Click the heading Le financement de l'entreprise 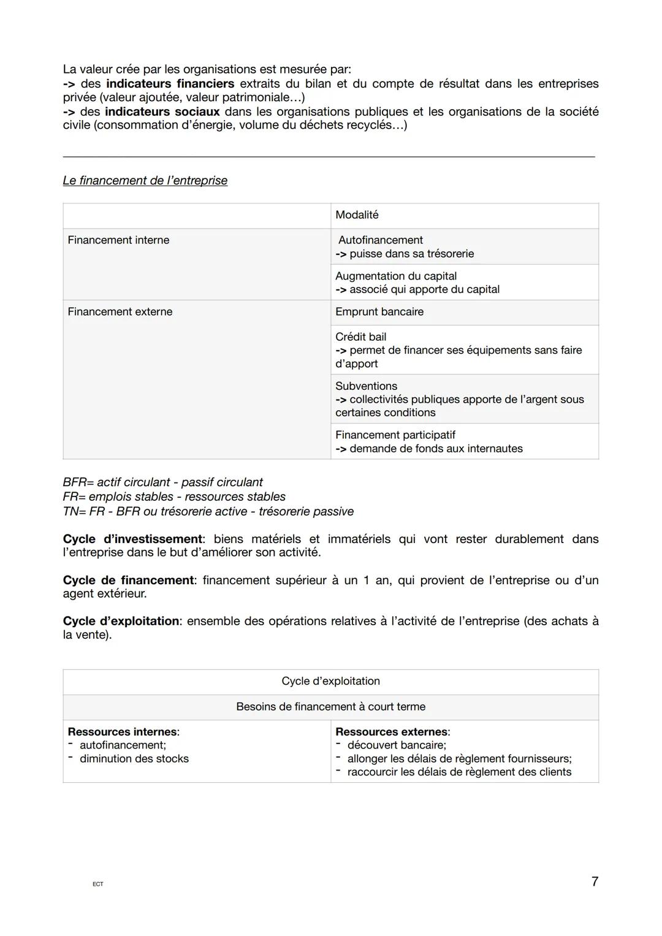tap(145, 181)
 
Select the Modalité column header tap(357, 215)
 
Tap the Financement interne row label tap(118, 240)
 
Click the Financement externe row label tap(120, 312)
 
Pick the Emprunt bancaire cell tap(379, 312)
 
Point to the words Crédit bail tap(361, 337)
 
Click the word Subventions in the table tap(366, 386)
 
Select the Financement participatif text tap(395, 435)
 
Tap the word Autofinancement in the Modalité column tap(380, 240)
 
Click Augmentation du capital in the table tap(396, 276)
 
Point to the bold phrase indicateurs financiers tap(170, 84)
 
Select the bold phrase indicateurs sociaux tap(162, 112)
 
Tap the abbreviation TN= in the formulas tap(75, 512)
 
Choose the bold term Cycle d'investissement tap(132, 539)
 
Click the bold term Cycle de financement tap(128, 580)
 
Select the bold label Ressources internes tap(123, 732)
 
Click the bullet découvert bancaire tap(397, 745)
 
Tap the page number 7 tap(594, 882)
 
